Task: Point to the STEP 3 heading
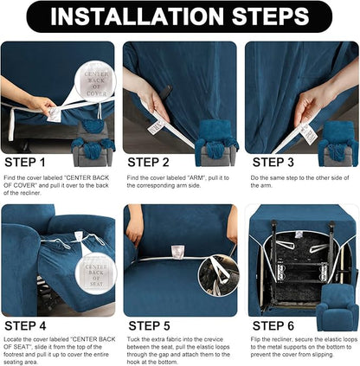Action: click(275, 161)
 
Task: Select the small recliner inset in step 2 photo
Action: click(216, 137)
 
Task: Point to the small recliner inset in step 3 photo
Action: click(339, 137)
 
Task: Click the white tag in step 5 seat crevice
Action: click(177, 251)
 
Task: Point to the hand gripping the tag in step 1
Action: click(35, 103)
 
